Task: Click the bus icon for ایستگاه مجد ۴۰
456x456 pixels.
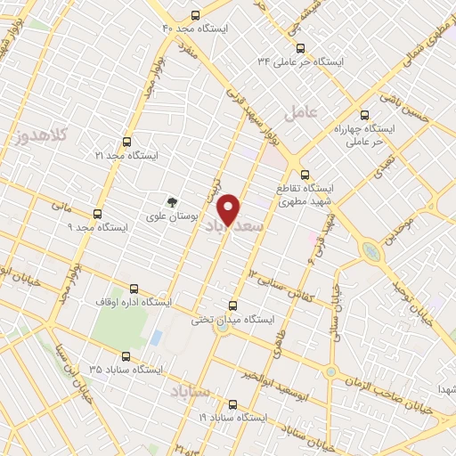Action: pos(196,15)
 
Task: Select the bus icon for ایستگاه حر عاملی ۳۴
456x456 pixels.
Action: pos(299,48)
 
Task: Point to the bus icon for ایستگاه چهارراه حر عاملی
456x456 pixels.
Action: pos(364,115)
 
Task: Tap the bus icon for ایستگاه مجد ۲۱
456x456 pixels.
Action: pos(126,142)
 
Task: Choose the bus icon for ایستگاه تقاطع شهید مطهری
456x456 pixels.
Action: pos(305,175)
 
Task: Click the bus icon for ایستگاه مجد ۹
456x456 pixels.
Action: pos(97,214)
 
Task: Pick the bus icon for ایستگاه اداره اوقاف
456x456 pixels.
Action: pos(134,289)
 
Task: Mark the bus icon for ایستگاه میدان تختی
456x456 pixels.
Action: pos(233,305)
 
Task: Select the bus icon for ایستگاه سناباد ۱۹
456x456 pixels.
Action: pos(232,403)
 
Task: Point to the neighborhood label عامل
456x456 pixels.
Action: pos(300,112)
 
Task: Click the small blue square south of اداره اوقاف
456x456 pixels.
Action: pos(157,338)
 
